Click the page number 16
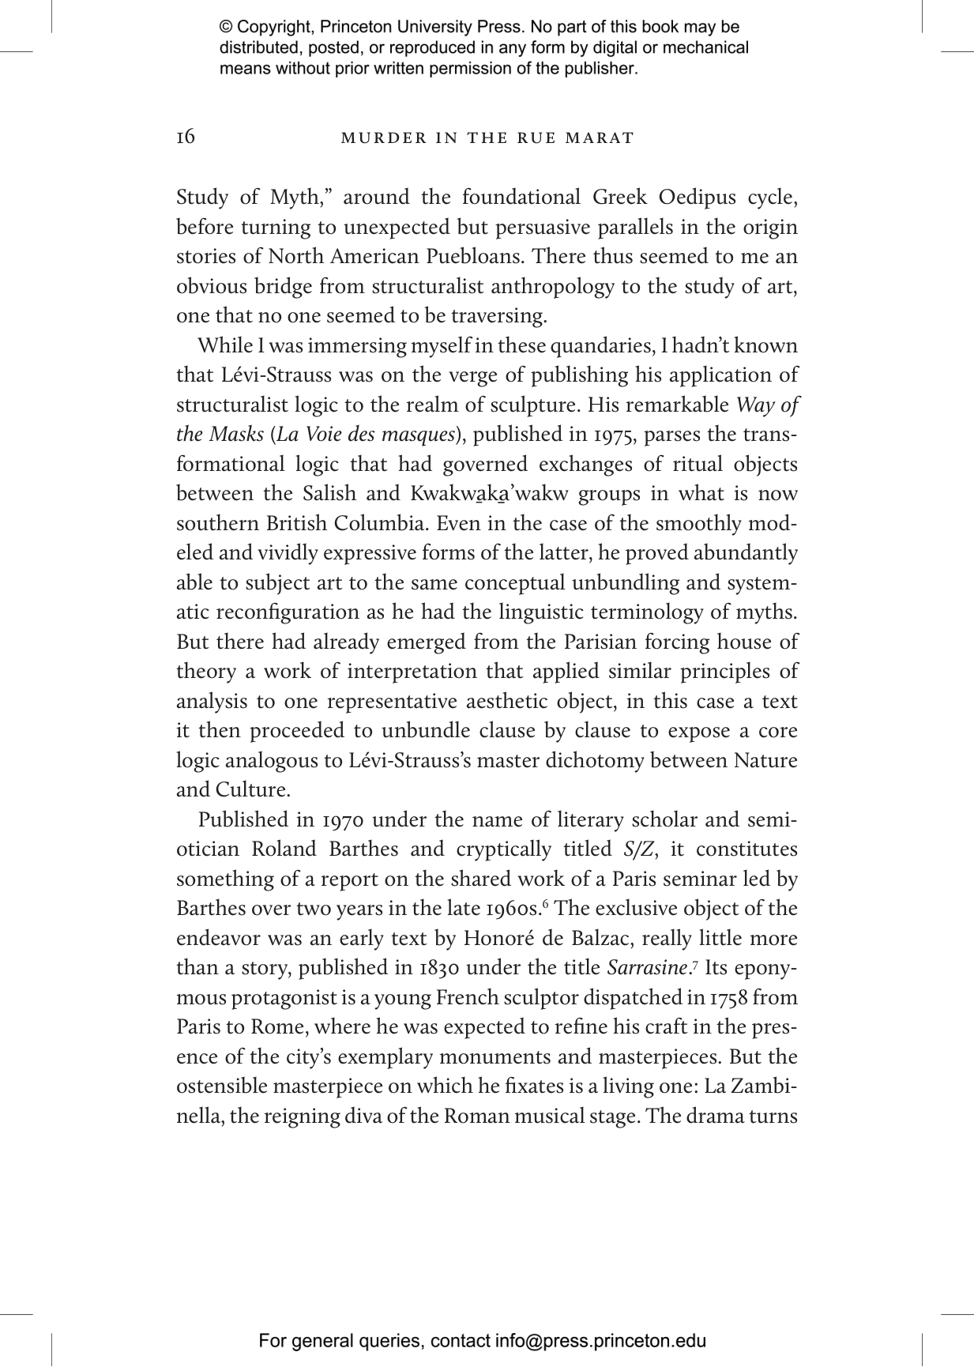tap(186, 137)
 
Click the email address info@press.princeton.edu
tap(600, 1340)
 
